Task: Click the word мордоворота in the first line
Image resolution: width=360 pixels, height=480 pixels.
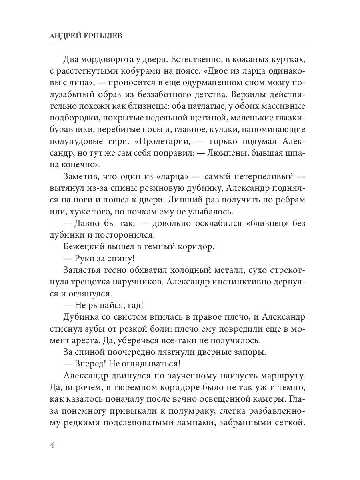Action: click(x=110, y=60)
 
